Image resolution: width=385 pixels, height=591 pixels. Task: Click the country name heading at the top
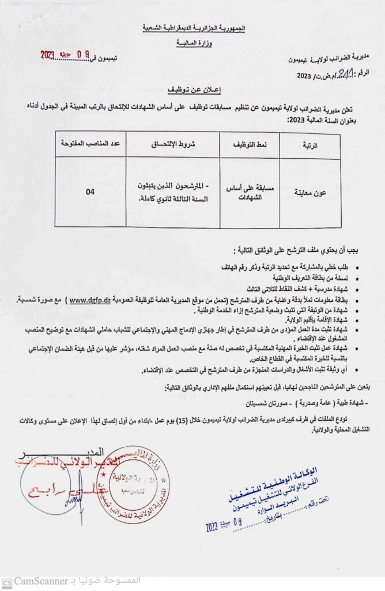pos(192,28)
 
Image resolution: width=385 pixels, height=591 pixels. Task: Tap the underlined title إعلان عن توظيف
pos(192,91)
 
